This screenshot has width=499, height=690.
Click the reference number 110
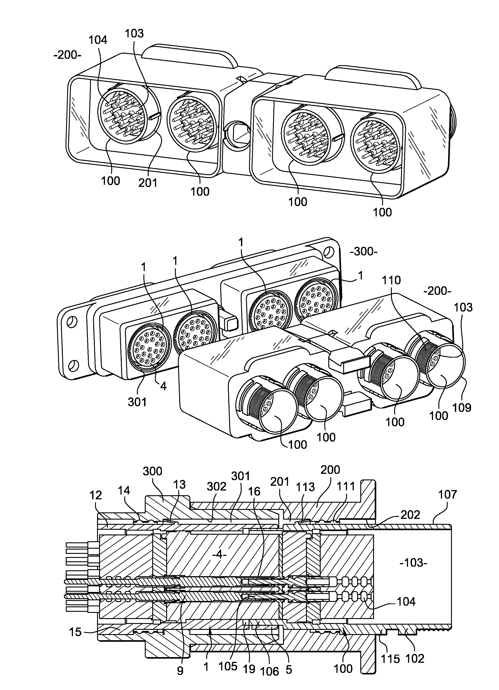[x=391, y=280]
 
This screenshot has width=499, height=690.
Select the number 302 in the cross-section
[x=216, y=486]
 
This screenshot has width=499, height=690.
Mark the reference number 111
[x=346, y=486]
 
